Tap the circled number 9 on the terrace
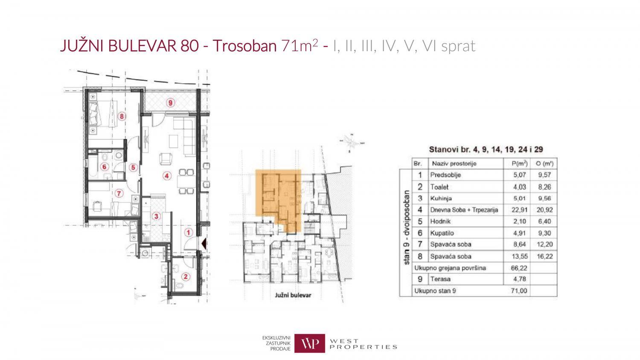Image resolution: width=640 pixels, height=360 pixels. coord(170,102)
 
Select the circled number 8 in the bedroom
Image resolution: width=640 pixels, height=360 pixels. coord(122,116)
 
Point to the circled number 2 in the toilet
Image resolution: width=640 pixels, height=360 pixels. coord(185,276)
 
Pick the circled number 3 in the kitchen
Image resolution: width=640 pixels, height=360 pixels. coord(157,216)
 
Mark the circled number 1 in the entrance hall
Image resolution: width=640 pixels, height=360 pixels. coord(188,232)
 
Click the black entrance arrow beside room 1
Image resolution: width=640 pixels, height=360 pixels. coord(204,244)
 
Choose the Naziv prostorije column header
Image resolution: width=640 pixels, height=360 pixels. coord(454,163)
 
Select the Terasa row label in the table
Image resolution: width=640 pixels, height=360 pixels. coord(440,279)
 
